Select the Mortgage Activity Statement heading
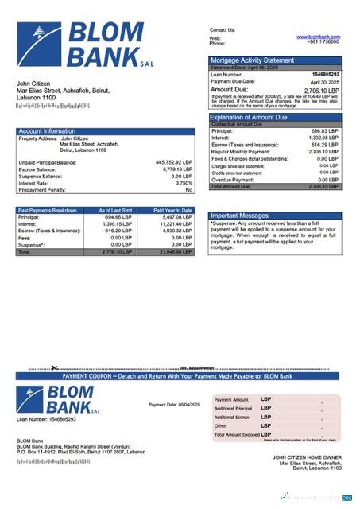click(252, 60)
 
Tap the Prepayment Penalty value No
click(188, 190)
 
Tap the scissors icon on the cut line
click(52, 368)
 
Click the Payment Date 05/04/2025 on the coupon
click(174, 405)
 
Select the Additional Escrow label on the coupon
click(232, 417)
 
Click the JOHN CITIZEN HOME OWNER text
click(307, 457)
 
